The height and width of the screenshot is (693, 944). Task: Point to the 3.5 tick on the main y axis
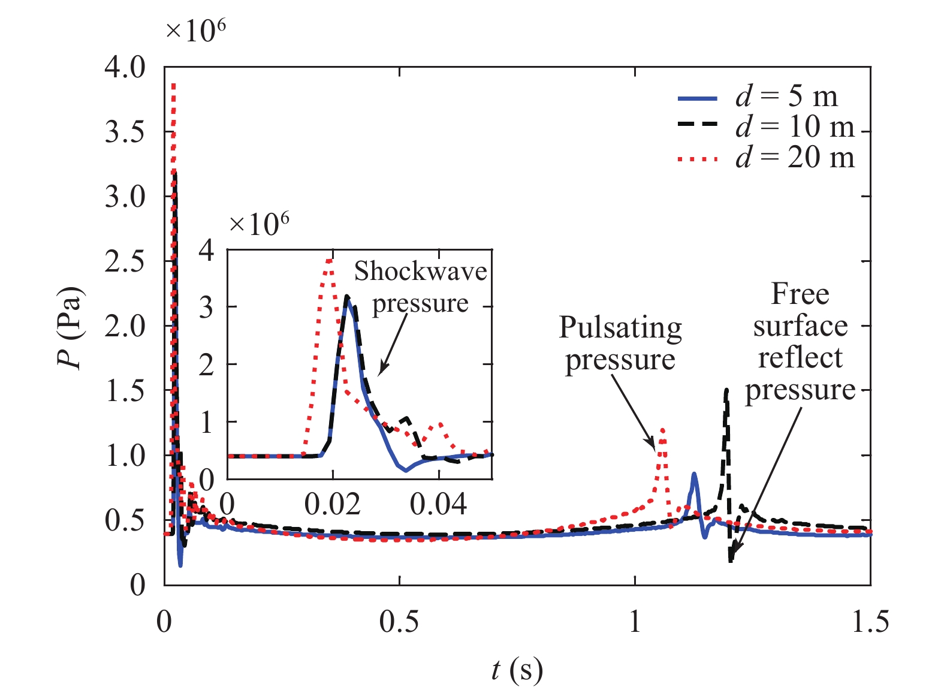tap(125, 132)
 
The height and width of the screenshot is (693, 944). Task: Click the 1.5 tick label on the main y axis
tap(125, 391)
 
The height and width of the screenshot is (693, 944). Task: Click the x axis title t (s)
tap(517, 670)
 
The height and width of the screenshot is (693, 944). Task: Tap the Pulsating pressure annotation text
tap(620, 344)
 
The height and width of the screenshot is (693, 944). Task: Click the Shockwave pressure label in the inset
tap(420, 287)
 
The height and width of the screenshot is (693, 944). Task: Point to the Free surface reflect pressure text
tap(800, 342)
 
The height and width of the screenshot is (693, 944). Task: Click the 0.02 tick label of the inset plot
tap(333, 505)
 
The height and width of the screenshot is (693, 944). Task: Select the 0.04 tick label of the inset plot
tap(439, 505)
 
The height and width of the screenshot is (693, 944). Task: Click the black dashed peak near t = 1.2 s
tap(726, 390)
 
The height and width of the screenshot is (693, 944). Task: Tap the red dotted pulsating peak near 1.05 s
tap(662, 429)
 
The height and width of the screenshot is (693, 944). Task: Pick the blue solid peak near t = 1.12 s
tap(694, 474)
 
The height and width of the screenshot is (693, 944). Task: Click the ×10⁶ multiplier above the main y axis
tap(195, 31)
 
